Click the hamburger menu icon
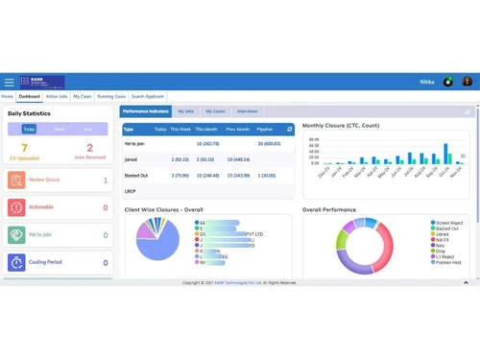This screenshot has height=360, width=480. [9, 83]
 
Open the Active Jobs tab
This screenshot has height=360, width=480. [57, 97]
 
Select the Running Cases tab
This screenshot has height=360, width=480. [111, 97]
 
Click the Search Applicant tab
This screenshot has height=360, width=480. [148, 97]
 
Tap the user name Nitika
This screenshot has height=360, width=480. [427, 83]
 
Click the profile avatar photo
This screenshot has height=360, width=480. [468, 83]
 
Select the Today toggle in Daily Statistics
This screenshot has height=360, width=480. [29, 129]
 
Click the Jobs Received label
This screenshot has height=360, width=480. [90, 157]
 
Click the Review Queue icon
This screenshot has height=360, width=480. [17, 180]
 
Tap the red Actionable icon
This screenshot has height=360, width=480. [17, 207]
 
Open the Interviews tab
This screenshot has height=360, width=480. [247, 111]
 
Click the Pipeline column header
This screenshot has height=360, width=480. [265, 129]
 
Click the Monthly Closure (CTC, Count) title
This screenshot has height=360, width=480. [341, 125]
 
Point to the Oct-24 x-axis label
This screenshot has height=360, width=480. [444, 174]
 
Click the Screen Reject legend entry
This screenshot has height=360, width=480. [450, 223]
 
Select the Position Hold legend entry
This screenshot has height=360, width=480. [450, 262]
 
